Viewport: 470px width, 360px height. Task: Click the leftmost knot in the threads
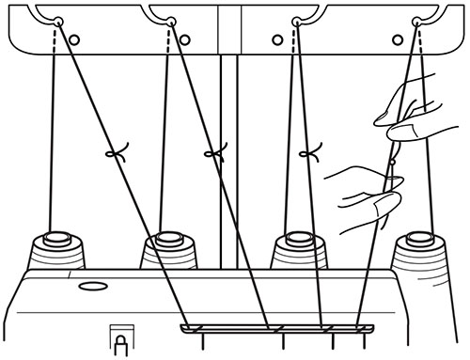pyautogui.click(x=116, y=153)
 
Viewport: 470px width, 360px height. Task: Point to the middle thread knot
pyautogui.click(x=215, y=151)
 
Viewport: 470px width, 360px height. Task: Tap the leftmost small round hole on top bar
pyautogui.click(x=75, y=39)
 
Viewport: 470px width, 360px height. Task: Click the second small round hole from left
pyautogui.click(x=184, y=39)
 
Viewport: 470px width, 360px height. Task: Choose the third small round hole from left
pyautogui.click(x=277, y=39)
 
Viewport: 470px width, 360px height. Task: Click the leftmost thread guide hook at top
pyautogui.click(x=58, y=21)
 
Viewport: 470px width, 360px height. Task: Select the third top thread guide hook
pyautogui.click(x=298, y=21)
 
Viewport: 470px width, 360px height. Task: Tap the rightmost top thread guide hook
pyautogui.click(x=415, y=21)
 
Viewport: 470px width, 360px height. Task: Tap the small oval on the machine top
pyautogui.click(x=91, y=285)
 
